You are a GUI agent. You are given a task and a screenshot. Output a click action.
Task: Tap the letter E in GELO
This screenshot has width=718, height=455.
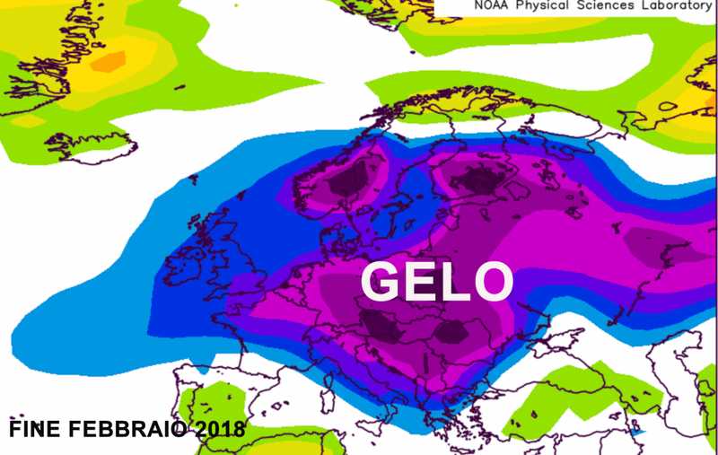pyautogui.click(x=419, y=281)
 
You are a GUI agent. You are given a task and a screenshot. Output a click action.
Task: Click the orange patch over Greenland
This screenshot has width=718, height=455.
pyautogui.click(x=109, y=61)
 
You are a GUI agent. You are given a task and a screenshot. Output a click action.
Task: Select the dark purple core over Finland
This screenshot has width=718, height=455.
pyautogui.click(x=473, y=179)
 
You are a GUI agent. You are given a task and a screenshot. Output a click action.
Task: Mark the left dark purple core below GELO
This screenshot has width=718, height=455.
pyautogui.click(x=382, y=325)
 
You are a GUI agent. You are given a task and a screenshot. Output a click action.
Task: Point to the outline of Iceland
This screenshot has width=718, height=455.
pyautogui.click(x=90, y=144)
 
